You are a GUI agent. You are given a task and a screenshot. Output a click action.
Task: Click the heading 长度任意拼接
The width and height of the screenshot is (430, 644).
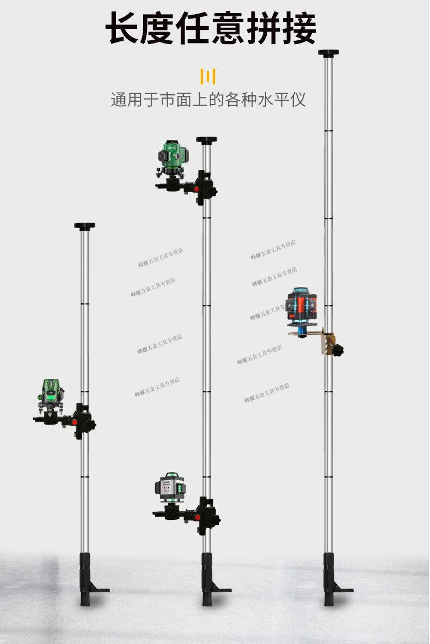[211, 29]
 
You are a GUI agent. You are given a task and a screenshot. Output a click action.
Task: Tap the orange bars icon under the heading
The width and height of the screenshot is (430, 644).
[207, 76]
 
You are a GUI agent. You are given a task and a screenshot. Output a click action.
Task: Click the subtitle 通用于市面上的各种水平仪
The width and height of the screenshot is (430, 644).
[208, 100]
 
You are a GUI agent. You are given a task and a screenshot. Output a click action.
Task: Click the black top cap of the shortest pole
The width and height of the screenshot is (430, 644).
[84, 226]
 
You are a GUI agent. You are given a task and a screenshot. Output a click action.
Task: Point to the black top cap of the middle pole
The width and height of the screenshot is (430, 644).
[206, 140]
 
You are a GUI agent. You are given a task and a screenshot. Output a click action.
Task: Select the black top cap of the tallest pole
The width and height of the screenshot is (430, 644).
[328, 53]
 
